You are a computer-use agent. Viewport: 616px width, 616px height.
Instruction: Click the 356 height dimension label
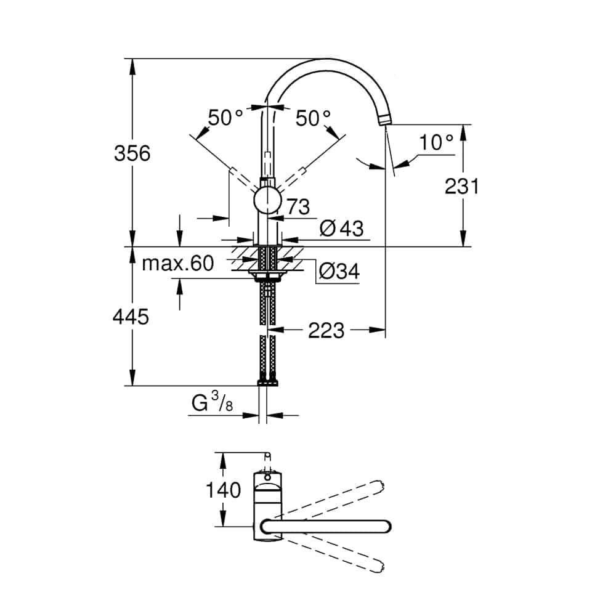point(132,153)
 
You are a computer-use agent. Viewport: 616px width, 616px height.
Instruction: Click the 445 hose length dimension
point(131,317)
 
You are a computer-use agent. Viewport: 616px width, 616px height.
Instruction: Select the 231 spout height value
point(461,186)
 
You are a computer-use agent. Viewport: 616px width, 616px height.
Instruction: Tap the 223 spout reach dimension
point(326,330)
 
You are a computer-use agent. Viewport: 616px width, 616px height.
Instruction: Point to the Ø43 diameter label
point(341,229)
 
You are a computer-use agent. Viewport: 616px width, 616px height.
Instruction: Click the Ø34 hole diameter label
point(339,271)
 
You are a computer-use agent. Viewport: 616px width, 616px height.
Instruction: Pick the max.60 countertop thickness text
point(177,263)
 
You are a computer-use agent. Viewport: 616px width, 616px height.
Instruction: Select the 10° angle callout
point(436,142)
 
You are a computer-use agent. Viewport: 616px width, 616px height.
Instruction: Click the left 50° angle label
point(225,118)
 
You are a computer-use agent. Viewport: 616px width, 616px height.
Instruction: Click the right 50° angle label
point(313,118)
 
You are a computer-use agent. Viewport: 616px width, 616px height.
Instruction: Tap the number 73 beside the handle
point(298,206)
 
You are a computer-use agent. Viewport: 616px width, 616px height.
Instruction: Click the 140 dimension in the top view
point(223,490)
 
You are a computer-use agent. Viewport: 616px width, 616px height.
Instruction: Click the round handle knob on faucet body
point(267,200)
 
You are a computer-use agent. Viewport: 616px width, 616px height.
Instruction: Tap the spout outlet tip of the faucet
point(385,120)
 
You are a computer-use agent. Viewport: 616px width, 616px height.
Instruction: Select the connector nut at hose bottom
point(267,383)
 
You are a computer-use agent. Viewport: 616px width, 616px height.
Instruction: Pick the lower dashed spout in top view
point(332,554)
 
